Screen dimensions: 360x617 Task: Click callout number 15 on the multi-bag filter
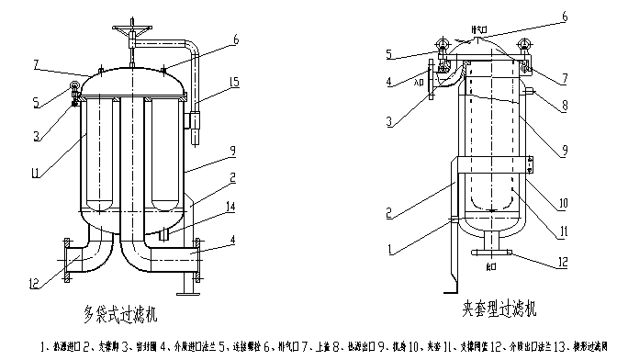236,84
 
